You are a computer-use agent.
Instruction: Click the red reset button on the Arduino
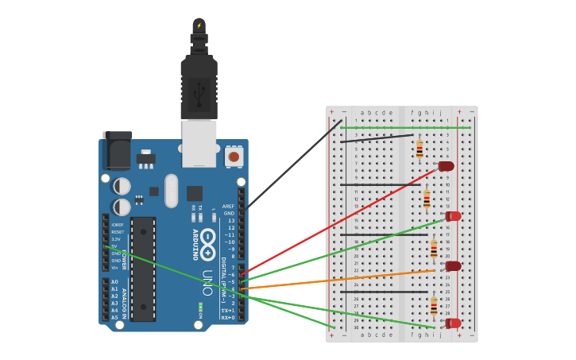click(234, 157)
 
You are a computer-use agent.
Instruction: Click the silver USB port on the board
click(199, 143)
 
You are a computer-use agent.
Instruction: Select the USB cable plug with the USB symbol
click(199, 87)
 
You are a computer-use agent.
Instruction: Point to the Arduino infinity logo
click(208, 244)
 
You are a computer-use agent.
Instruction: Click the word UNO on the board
click(207, 283)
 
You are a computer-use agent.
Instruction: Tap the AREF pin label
click(229, 206)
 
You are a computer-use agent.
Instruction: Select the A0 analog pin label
click(114, 282)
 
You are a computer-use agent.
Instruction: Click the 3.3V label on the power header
click(116, 238)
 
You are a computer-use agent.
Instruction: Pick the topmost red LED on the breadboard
click(446, 166)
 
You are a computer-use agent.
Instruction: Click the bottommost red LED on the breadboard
click(454, 323)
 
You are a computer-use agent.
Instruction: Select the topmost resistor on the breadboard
click(419, 149)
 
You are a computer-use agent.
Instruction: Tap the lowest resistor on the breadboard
click(434, 306)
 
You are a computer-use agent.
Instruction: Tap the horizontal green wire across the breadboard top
click(405, 127)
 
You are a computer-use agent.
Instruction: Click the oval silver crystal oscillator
click(172, 191)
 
